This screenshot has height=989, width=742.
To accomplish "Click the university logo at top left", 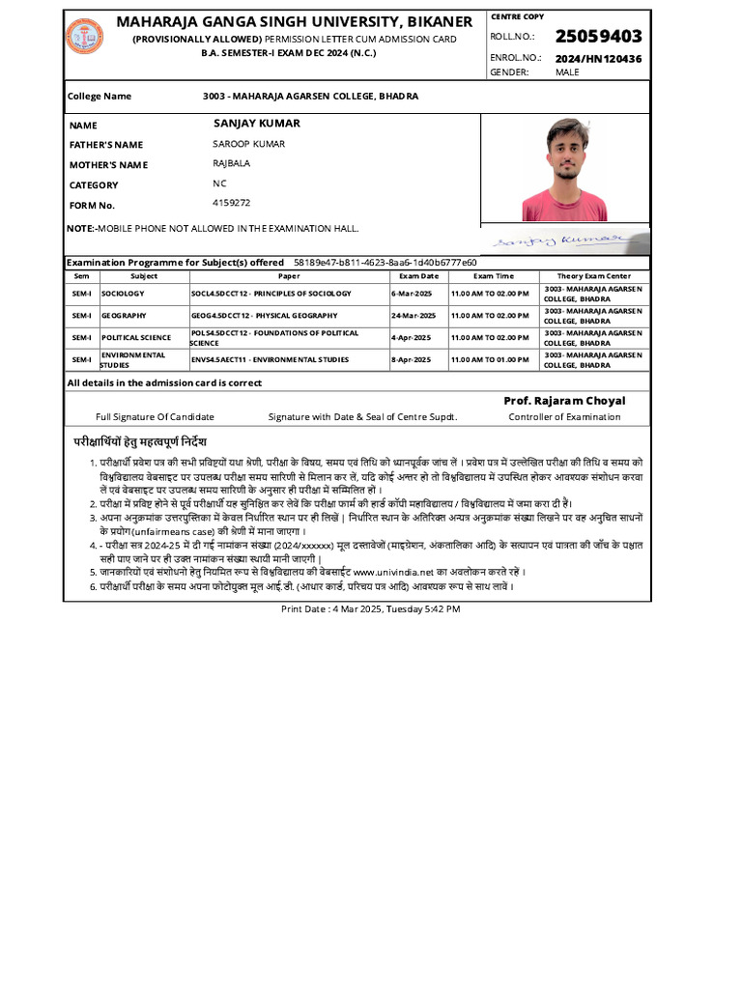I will click(84, 37).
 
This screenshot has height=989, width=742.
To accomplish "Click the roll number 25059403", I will click(598, 37).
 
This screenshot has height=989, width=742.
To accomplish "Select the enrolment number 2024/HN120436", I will click(598, 59).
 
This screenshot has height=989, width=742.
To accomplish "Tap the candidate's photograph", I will click(564, 169).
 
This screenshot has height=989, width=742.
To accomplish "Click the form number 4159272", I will click(231, 203).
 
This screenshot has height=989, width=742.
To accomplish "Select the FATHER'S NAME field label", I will click(106, 145).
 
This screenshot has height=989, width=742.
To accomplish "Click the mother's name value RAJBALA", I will click(231, 163).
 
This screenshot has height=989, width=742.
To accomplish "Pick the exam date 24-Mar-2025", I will click(414, 316).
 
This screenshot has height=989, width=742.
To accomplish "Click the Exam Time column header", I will click(493, 276).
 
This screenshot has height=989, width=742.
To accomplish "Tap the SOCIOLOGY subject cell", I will click(123, 293).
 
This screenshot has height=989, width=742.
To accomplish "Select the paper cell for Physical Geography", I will click(264, 316).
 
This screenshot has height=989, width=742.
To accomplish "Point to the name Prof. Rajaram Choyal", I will click(564, 401).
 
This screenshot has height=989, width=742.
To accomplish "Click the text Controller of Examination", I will click(564, 417).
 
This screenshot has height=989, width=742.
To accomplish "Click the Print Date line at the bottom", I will click(370, 609).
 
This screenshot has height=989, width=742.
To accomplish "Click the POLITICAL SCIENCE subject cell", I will click(135, 338).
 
